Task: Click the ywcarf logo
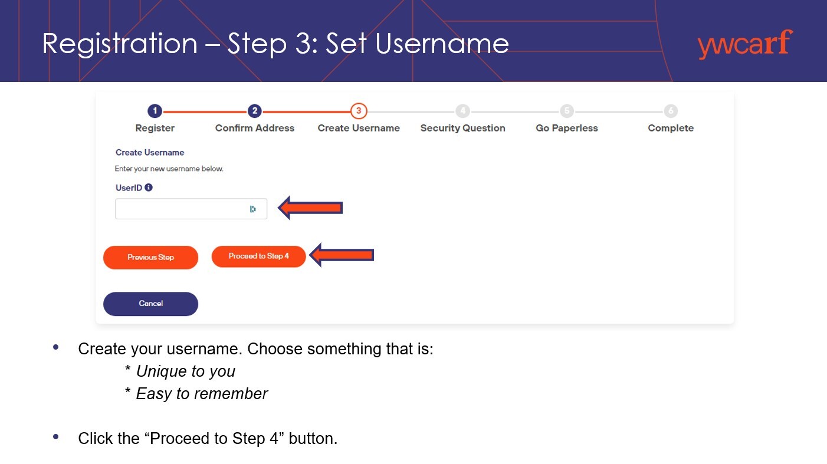(745, 44)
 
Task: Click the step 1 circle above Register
(155, 111)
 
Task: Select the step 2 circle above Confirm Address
(255, 111)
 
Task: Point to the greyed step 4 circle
(462, 111)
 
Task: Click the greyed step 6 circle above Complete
(671, 111)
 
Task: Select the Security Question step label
(462, 128)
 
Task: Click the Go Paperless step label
(567, 128)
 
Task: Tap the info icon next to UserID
(149, 187)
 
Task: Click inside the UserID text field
(181, 209)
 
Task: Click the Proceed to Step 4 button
(258, 256)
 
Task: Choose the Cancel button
(150, 304)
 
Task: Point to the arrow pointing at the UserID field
(310, 208)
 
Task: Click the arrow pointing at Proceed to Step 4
(342, 255)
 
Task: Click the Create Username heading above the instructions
(149, 153)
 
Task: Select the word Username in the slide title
(442, 44)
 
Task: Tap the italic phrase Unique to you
(186, 371)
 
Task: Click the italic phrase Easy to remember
(202, 394)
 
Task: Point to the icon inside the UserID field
(253, 209)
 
